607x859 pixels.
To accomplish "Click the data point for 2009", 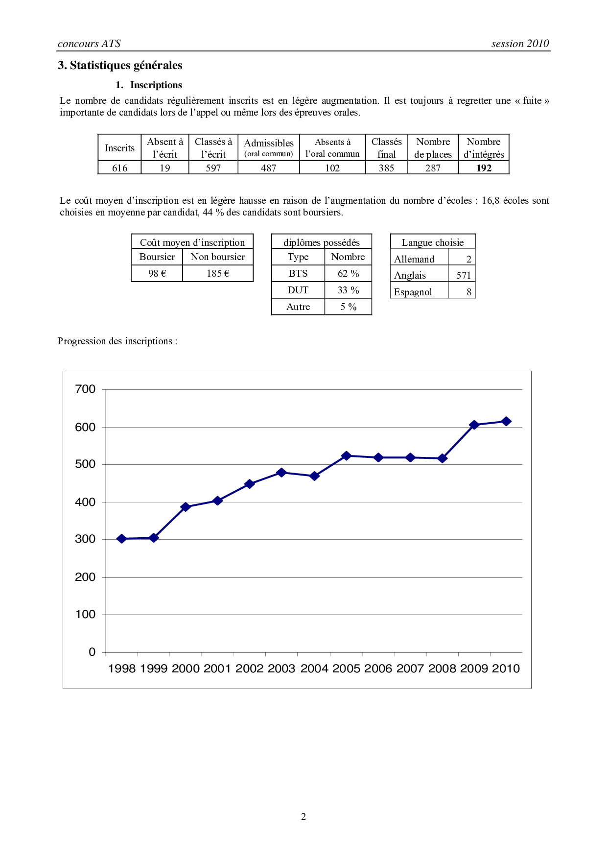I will pos(474,425).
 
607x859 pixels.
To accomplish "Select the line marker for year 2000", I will pos(186,507).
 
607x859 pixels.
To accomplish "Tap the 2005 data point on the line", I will pos(346,455).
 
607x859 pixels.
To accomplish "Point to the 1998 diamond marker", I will pos(121,539).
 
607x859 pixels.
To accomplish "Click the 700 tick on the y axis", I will pos(85,389).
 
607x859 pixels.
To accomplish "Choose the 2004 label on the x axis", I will pos(314,668).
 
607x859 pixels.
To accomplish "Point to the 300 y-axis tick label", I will pos(85,539).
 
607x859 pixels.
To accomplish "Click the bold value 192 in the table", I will pos(484,168).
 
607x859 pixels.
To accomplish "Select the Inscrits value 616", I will pos(119,168).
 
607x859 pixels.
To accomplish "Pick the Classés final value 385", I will pos(386,168).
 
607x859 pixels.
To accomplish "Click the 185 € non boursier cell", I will pos(218,273).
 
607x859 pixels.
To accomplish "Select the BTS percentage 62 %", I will pos(348,273).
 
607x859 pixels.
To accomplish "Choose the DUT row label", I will pos(298,290).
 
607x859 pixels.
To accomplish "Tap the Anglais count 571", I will pos(463,275).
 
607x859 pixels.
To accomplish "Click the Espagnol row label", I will pos(413,292).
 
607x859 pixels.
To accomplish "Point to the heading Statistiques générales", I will pos(126,65).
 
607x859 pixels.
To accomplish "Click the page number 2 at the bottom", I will pos(303,816).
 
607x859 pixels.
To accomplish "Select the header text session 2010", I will pos(520,44).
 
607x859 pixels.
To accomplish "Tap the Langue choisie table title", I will pos(433,242).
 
